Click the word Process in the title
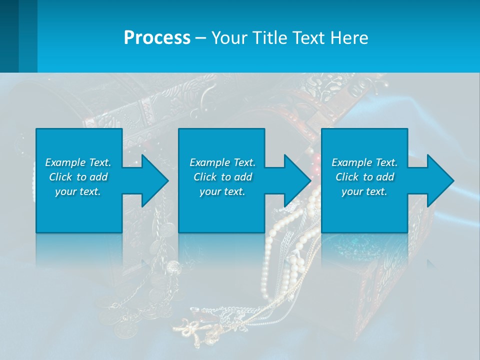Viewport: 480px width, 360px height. pos(157,38)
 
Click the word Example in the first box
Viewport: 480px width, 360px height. pos(65,162)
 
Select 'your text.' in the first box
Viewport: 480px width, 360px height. pos(78,191)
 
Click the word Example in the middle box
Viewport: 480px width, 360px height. pos(210,162)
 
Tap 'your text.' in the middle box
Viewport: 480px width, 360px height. pos(222,191)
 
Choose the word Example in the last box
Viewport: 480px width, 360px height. pos(352,162)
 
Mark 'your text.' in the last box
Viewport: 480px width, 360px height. pos(364,191)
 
